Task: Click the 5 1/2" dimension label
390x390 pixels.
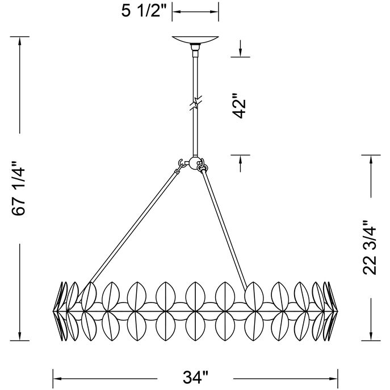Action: click(144, 11)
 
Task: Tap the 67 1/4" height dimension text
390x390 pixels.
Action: click(19, 188)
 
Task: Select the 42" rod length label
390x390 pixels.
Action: click(239, 106)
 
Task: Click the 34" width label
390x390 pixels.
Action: click(195, 378)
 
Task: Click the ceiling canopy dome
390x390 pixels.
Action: click(195, 40)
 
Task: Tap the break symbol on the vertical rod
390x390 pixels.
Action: click(196, 103)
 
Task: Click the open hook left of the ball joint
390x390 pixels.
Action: click(181, 162)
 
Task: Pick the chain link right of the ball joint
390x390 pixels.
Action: click(202, 165)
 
